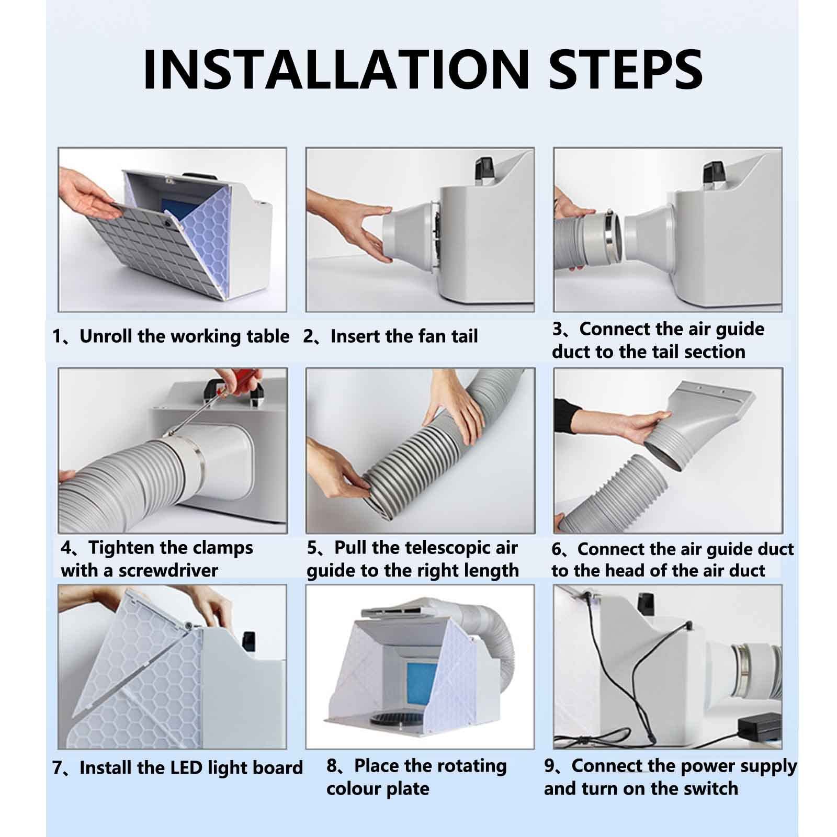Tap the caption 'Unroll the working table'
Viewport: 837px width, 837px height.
184,336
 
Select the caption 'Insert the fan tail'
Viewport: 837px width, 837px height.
404,336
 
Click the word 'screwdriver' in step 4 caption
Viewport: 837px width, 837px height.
168,570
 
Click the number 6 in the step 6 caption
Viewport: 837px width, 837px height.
557,549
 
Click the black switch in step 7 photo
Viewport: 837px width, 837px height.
248,639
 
